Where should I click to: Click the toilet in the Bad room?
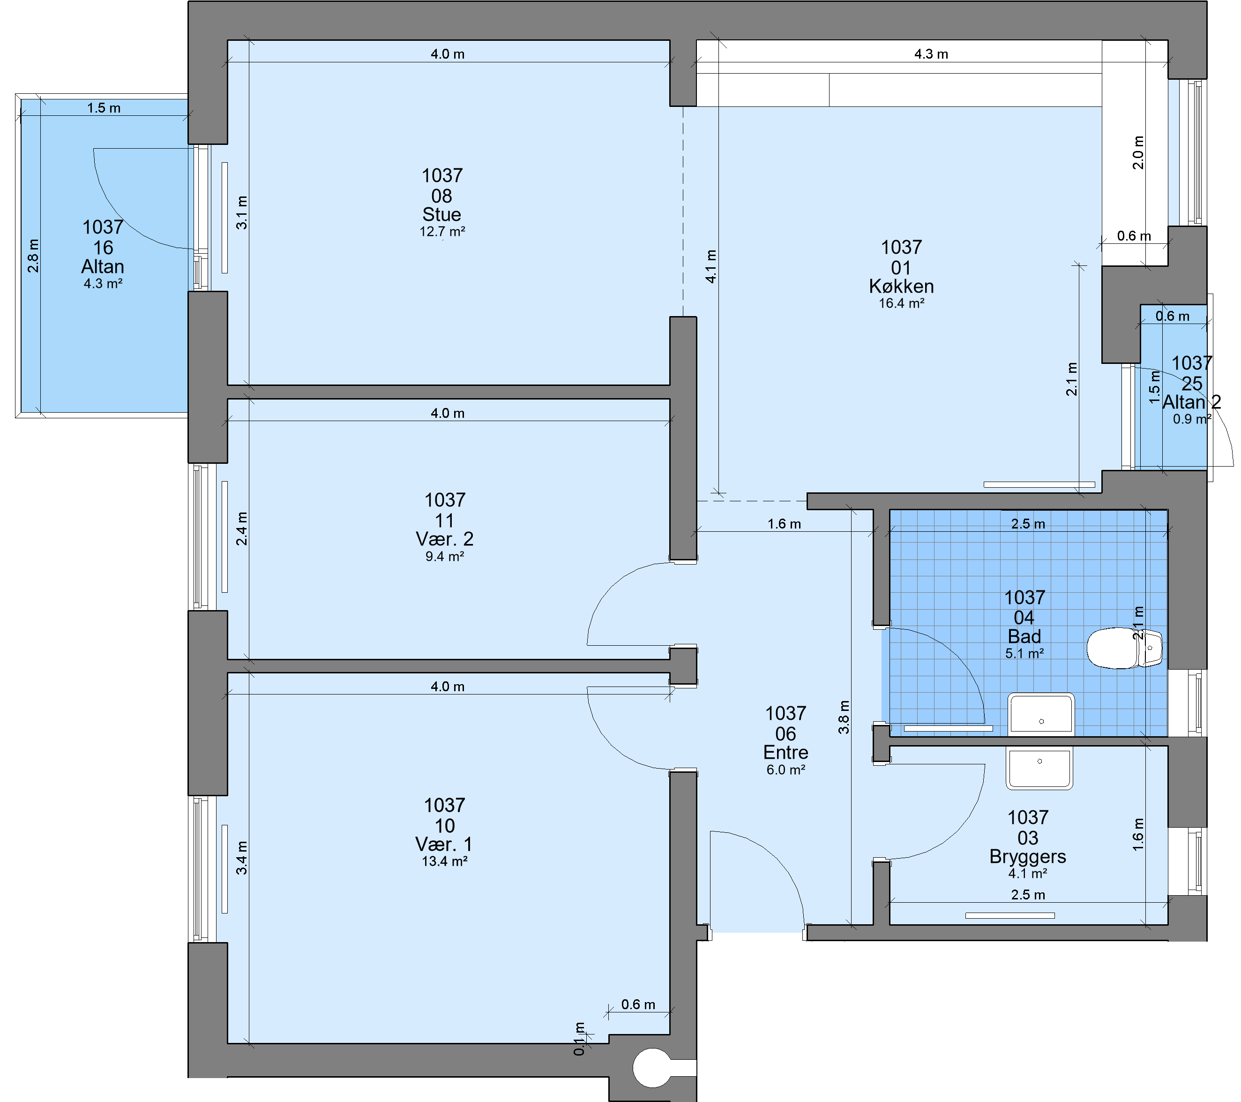click(x=1124, y=648)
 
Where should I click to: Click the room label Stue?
click(x=441, y=214)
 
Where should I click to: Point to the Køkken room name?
click(x=901, y=286)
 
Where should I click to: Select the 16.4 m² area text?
click(x=902, y=303)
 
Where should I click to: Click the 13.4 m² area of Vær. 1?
click(x=444, y=861)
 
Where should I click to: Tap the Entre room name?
click(x=785, y=752)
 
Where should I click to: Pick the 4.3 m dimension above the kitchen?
click(x=931, y=54)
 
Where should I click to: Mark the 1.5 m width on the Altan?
click(x=104, y=108)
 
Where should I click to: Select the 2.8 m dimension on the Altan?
click(x=33, y=256)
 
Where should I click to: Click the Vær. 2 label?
click(x=444, y=539)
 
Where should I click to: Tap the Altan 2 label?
click(x=1191, y=402)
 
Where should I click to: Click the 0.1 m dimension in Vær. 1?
click(x=579, y=1038)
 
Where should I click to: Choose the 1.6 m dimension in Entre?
click(x=784, y=524)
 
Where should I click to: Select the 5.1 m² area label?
click(x=1024, y=653)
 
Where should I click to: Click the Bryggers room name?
click(x=1027, y=857)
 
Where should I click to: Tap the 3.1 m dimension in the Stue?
click(x=242, y=212)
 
